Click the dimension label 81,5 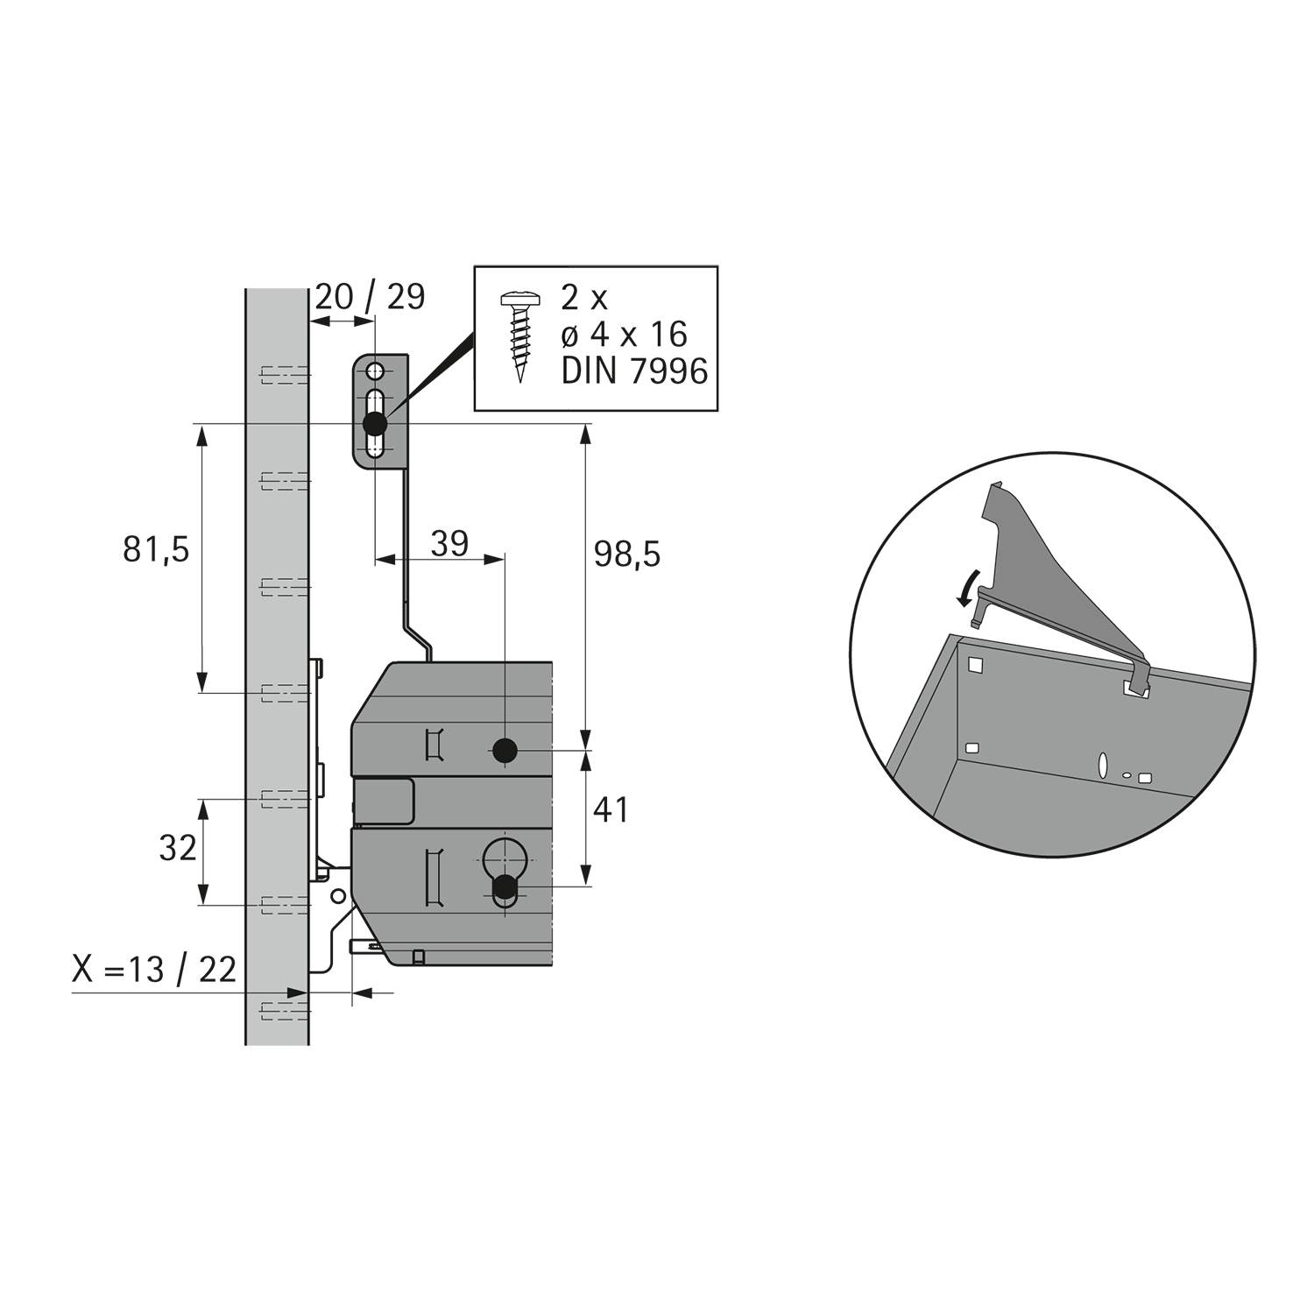click(156, 550)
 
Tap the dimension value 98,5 click(627, 554)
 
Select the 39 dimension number click(450, 543)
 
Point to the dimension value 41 click(611, 809)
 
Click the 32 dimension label click(178, 848)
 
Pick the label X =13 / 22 click(154, 970)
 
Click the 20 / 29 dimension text click(370, 297)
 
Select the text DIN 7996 click(634, 371)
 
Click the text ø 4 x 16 click(624, 335)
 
